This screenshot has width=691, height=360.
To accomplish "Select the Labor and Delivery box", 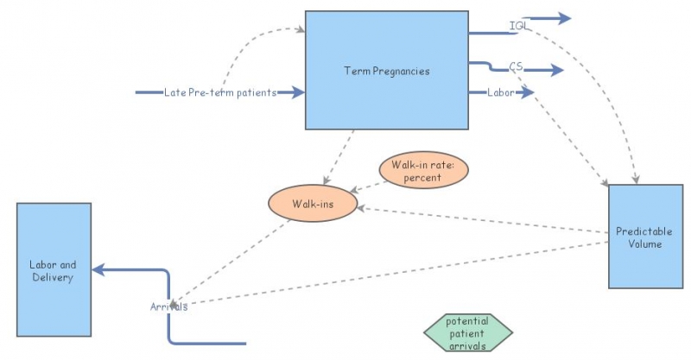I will point(53,269).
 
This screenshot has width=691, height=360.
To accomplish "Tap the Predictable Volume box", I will point(639,237).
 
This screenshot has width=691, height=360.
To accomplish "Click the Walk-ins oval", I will point(312,205).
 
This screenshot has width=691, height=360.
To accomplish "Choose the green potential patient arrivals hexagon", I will point(467,332).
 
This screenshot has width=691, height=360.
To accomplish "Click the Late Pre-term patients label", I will point(219,92).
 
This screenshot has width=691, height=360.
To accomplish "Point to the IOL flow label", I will point(519,26).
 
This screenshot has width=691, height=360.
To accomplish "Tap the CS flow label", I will point(517,66).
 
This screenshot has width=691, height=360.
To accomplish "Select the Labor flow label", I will point(501,92).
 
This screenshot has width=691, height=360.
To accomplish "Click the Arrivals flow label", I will point(168,306).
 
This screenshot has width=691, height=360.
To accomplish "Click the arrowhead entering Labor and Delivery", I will point(98,269).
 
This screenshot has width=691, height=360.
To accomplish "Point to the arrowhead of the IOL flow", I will point(564,18).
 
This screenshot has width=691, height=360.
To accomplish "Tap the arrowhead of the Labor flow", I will point(528,92).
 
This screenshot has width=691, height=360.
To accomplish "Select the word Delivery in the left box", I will point(53,277).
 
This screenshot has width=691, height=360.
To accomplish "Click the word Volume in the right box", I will point(639,244).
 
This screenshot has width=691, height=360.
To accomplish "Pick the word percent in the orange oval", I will point(422,178).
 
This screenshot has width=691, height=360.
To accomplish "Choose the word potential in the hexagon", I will point(467,320).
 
